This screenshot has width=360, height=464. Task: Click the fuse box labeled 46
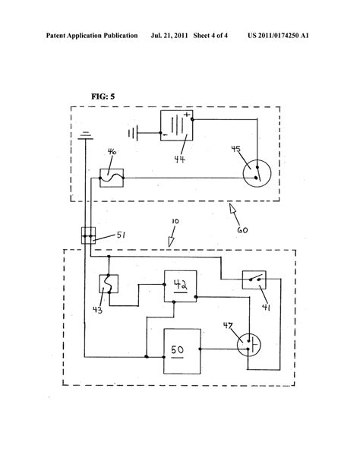click(x=112, y=178)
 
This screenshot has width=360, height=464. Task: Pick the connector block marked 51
click(x=88, y=236)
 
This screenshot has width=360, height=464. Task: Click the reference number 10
click(x=175, y=224)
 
